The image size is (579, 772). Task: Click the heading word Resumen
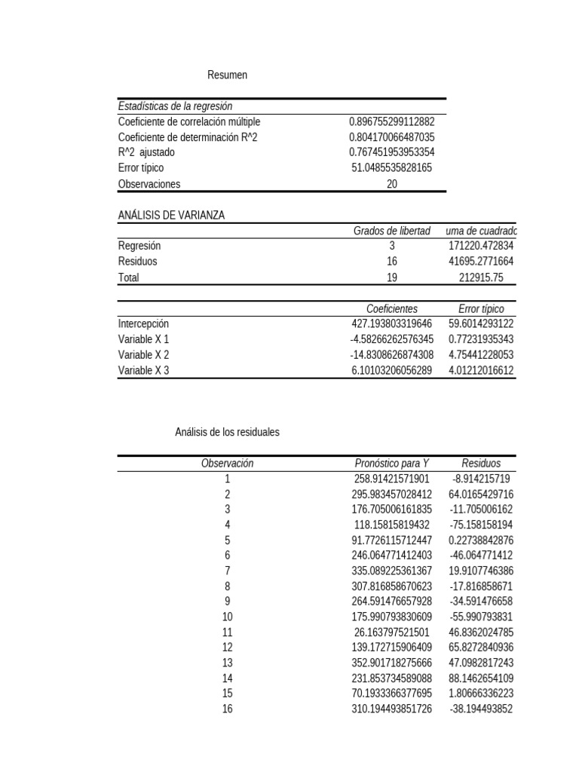point(227,75)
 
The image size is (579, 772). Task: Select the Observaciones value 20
point(391,184)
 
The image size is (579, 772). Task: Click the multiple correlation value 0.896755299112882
point(391,121)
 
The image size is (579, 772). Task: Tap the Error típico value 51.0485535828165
point(391,168)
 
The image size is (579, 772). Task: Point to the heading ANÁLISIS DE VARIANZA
point(171,216)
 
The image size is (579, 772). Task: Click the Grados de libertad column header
point(391,231)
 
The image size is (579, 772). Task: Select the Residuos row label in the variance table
point(138,262)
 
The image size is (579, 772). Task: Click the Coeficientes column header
point(391,309)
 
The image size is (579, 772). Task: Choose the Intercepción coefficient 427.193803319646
point(391,324)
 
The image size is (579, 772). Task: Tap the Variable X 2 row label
point(144,355)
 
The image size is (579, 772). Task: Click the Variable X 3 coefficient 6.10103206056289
point(391,371)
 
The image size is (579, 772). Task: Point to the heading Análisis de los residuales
point(227,432)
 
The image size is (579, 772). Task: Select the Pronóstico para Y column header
point(391,464)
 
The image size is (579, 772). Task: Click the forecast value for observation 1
point(391,479)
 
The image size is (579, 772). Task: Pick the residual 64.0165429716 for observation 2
point(481,495)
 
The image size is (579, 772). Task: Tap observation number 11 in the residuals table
point(227,633)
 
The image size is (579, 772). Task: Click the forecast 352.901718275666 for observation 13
point(391,663)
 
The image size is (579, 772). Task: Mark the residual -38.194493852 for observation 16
point(481,709)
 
